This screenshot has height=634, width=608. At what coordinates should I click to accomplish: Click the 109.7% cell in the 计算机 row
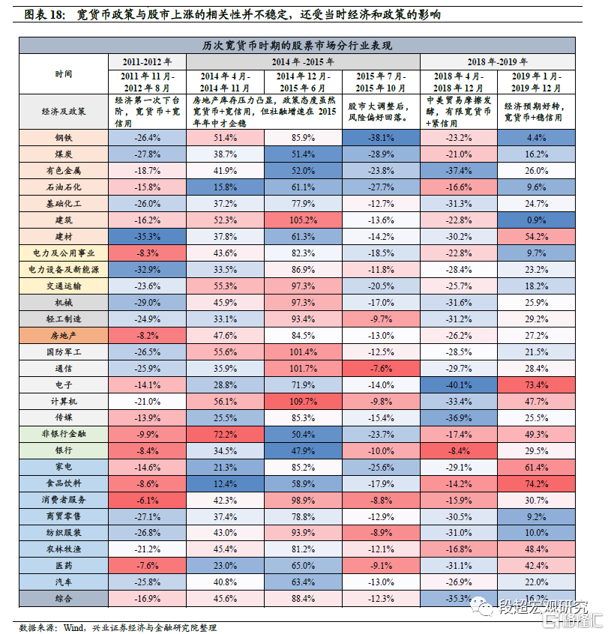(304, 402)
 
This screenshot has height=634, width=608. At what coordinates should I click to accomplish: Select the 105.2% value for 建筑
(304, 220)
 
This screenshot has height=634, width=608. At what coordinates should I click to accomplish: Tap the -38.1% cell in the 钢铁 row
(380, 138)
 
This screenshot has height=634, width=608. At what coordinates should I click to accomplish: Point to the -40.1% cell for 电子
(458, 385)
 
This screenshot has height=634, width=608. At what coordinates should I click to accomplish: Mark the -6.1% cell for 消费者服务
(147, 500)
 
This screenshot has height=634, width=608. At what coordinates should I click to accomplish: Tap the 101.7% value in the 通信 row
(304, 369)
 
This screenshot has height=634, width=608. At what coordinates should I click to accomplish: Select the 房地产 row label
(64, 336)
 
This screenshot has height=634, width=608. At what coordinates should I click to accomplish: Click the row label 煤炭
(64, 154)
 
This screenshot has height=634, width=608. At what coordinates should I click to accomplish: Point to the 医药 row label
(64, 566)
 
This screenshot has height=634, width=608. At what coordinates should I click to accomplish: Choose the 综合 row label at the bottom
(64, 599)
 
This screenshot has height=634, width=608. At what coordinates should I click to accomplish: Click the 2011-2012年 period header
(147, 61)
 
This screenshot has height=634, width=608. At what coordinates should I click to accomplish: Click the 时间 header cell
(64, 74)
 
